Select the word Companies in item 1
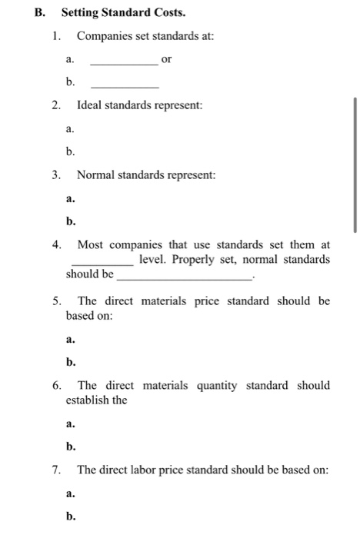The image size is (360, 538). coord(107,36)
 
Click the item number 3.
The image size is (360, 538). coord(57,175)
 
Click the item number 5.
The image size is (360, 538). coord(57,301)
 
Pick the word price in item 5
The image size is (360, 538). coord(214,301)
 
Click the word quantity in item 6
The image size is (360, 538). coord(216,385)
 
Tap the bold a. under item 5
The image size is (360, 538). coord(71,338)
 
